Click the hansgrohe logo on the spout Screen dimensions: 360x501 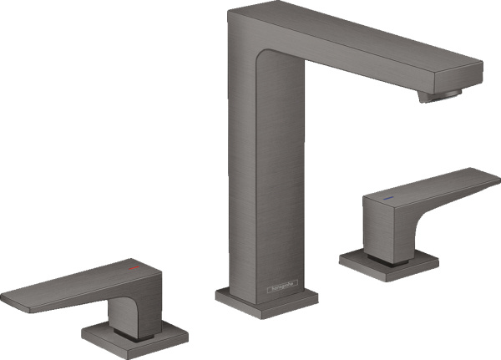pyautogui.click(x=282, y=288)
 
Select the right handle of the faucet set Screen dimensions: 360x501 pyautogui.click(x=417, y=200)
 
